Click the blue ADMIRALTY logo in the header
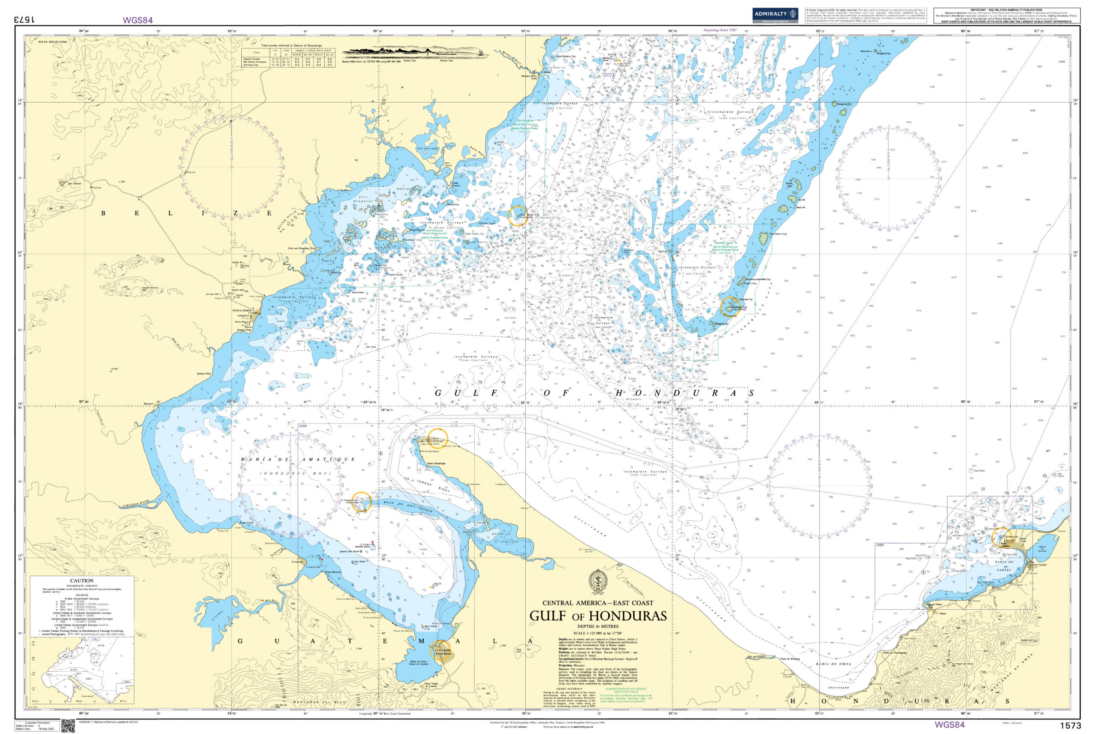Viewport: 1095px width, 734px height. [775, 15]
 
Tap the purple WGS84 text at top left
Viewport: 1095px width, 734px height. [138, 20]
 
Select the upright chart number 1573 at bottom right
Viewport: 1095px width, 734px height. [1070, 725]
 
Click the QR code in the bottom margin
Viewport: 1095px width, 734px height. [68, 726]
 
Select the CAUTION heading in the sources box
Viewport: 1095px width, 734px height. [82, 581]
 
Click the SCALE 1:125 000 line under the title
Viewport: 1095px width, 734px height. [598, 633]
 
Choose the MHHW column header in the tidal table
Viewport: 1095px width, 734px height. [296, 54]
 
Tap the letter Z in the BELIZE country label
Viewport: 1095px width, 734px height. [236, 214]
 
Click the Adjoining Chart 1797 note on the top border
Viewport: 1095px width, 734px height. [720, 30]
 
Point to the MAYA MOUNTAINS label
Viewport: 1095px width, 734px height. [53, 42]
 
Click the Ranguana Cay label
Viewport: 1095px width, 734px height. [844, 104]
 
